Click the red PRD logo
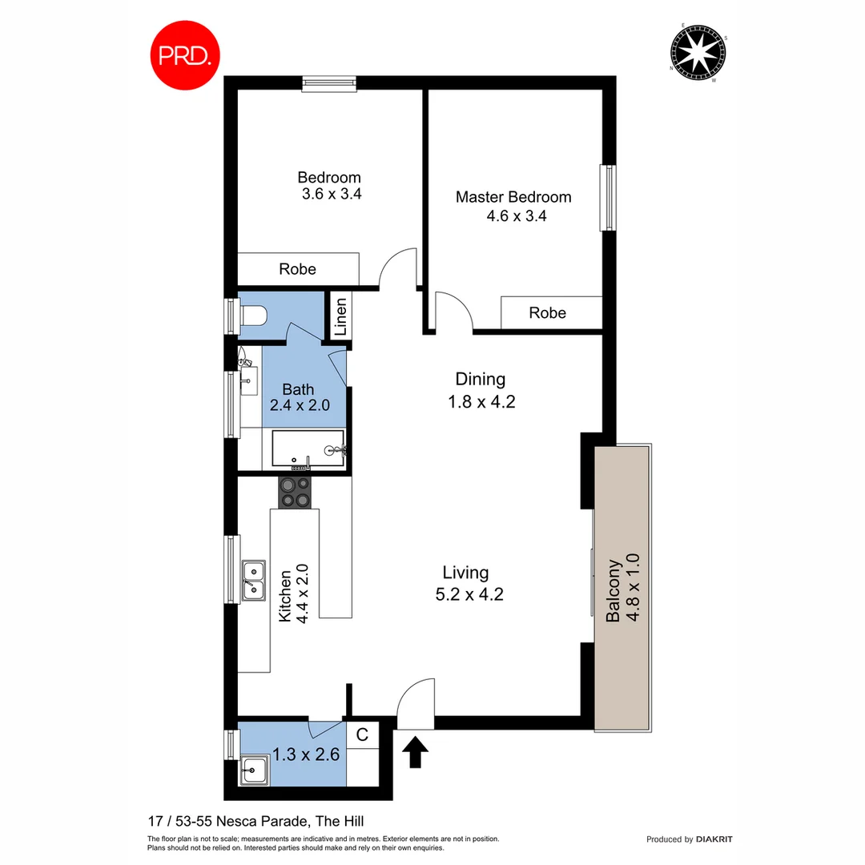(x=185, y=54)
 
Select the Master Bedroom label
(x=513, y=197)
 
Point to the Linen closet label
(x=340, y=316)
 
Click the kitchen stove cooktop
(x=295, y=492)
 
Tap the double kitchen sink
(x=255, y=580)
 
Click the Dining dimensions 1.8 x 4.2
(x=481, y=402)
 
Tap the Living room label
(x=465, y=573)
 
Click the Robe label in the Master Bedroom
(x=547, y=313)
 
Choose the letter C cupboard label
(x=362, y=734)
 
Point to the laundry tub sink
(x=255, y=770)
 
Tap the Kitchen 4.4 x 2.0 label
(x=294, y=593)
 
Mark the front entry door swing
(x=416, y=703)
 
